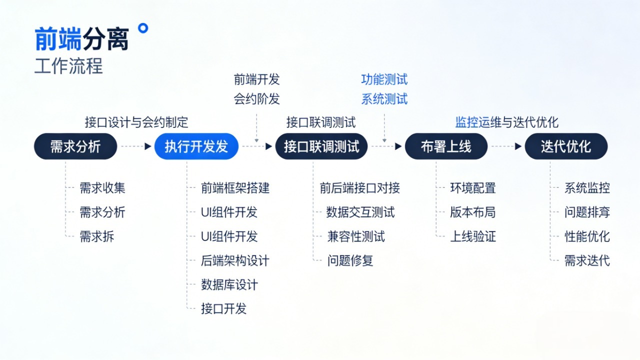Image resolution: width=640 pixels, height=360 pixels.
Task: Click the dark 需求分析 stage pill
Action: point(75,146)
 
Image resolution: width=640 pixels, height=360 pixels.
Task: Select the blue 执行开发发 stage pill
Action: point(196,146)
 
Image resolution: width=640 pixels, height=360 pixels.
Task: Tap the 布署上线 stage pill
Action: point(446,146)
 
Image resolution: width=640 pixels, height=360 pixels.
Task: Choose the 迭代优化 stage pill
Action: point(566,146)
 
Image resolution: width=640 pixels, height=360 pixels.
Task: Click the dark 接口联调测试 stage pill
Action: point(321,146)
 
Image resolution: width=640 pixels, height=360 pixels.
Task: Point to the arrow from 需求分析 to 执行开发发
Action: point(136,146)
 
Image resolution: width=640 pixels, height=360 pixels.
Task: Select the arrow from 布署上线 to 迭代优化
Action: point(506,146)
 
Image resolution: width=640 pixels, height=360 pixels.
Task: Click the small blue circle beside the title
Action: point(143,28)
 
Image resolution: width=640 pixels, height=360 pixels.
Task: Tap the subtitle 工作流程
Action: point(68,66)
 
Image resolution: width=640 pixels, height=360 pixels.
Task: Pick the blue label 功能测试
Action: point(384,79)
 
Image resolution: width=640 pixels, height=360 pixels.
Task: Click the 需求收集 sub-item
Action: point(102,188)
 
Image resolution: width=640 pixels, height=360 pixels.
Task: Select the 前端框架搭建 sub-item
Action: point(235,188)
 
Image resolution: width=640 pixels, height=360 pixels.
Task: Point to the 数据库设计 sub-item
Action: point(229,285)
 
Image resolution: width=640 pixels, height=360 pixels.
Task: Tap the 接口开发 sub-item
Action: point(223,308)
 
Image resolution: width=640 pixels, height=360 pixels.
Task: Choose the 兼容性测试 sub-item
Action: point(356,236)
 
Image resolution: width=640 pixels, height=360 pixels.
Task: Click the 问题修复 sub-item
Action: point(350,260)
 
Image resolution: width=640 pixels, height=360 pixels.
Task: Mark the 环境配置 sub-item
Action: point(473,188)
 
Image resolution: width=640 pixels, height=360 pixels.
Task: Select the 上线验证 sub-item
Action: point(473,236)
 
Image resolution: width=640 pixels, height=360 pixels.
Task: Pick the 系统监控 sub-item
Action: point(587,188)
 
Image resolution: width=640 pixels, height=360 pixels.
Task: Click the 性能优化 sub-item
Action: point(587,236)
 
